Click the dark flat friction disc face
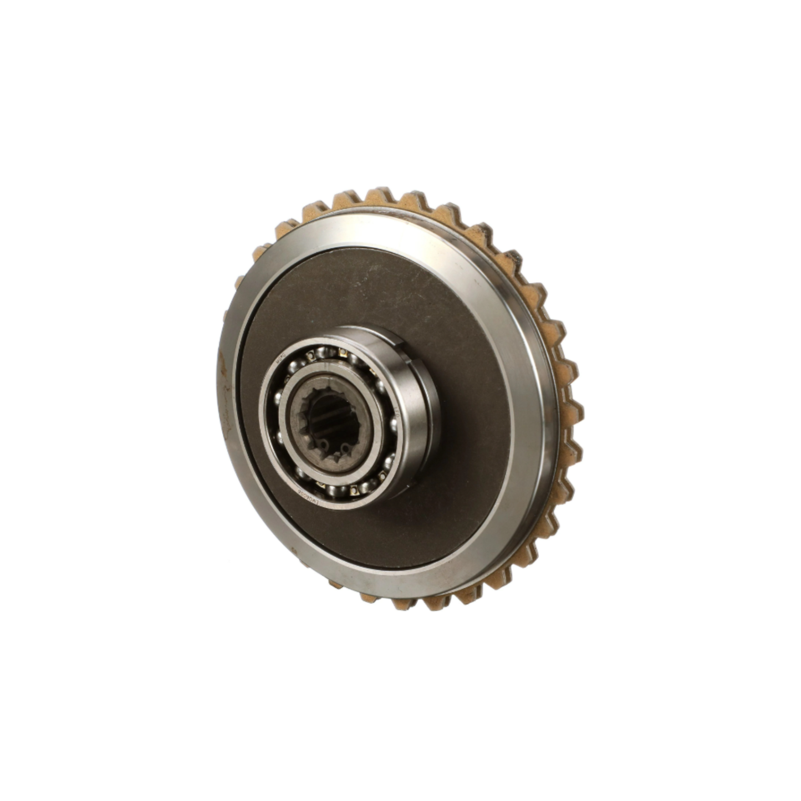[455, 471]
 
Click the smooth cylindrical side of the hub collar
[421, 421]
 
